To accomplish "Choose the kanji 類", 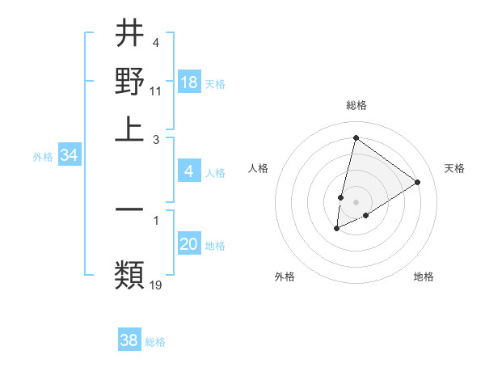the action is coord(129,275).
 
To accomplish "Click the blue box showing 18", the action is coord(189,82).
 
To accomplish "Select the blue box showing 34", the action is coord(69,156).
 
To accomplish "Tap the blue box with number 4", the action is coord(189,171).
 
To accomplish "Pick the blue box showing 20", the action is coord(189,244).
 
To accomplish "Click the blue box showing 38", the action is coord(129,340).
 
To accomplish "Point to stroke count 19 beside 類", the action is coord(156,285).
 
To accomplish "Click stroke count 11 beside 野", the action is coord(156,91).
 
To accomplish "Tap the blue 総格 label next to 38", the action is coord(155,342).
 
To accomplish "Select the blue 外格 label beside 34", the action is coord(43,157).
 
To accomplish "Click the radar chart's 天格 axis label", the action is coord(454,168).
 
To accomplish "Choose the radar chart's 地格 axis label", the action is coord(424,277).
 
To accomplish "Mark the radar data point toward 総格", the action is coord(356,137).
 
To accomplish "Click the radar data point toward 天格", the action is coord(417,182).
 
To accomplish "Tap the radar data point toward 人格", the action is coord(341,197).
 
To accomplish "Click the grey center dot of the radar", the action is coord(356,202).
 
